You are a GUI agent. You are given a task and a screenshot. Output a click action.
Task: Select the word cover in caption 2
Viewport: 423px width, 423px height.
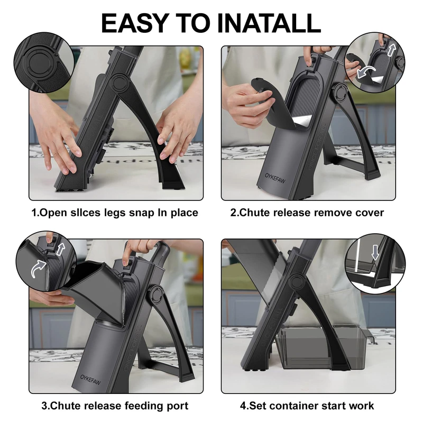369,213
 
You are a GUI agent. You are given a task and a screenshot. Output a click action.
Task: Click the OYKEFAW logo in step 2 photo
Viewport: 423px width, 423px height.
275,178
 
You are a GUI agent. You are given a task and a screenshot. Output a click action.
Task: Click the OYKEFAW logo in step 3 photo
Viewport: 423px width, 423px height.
90,380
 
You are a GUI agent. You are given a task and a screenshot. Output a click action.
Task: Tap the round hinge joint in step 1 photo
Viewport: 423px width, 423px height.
119,83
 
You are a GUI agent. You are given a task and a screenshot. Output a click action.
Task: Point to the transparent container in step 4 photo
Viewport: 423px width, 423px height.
323,347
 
